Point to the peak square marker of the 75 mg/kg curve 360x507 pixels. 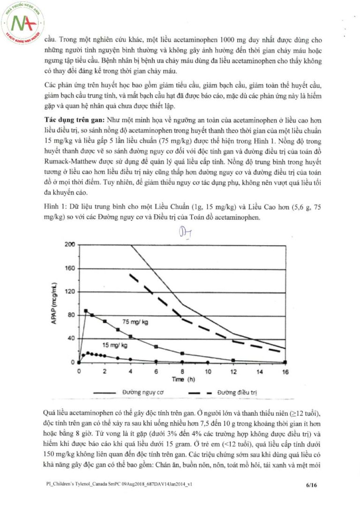click(x=86, y=311)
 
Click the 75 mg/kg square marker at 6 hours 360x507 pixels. click(x=156, y=347)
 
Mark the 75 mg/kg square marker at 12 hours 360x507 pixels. click(x=233, y=360)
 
